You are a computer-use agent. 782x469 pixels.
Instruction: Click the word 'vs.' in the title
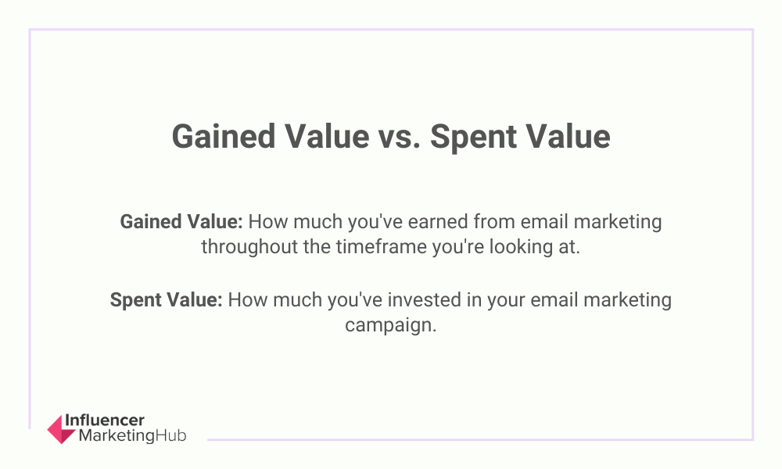399,137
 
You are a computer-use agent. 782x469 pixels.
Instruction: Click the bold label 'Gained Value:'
181,222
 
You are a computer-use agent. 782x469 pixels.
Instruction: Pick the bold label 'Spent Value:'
166,300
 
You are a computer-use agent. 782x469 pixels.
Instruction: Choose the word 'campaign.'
391,325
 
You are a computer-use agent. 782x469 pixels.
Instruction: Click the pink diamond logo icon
61,429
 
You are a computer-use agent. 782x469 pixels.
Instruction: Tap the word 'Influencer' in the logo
105,421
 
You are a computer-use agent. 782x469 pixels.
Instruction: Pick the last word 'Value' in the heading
566,137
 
